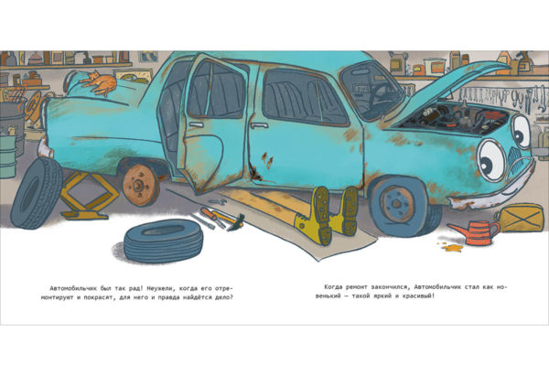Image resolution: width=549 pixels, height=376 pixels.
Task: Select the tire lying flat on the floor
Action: pos(163,241)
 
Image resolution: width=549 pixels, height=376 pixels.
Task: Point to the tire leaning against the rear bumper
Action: pos(37,193)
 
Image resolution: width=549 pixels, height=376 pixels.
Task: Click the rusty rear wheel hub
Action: pos(141,185)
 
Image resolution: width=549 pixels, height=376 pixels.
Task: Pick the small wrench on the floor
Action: pos(218,201)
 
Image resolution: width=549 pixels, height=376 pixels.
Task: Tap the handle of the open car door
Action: pos(196,124)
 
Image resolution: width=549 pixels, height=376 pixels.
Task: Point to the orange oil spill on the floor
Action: pos(452,247)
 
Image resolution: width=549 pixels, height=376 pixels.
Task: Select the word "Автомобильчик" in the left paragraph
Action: pos(73,288)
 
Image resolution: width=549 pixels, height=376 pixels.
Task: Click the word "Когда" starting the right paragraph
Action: pos(332,287)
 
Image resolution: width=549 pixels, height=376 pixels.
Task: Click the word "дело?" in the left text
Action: pos(224,298)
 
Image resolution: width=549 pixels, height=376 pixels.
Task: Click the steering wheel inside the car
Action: pos(379,93)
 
